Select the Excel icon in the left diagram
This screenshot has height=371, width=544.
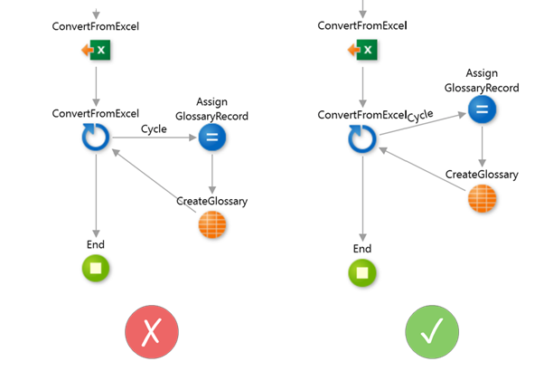[96, 52]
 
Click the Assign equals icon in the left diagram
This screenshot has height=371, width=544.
[211, 138]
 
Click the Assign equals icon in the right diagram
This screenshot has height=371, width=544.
[482, 110]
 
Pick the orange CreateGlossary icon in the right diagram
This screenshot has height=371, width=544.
[482, 198]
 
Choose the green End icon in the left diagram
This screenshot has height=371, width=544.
[96, 268]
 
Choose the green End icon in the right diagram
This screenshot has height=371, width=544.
[362, 271]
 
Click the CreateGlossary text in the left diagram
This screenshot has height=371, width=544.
[211, 201]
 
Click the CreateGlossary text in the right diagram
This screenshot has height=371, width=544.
[482, 174]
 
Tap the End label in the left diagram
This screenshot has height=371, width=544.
[96, 244]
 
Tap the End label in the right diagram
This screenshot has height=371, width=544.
[362, 248]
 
